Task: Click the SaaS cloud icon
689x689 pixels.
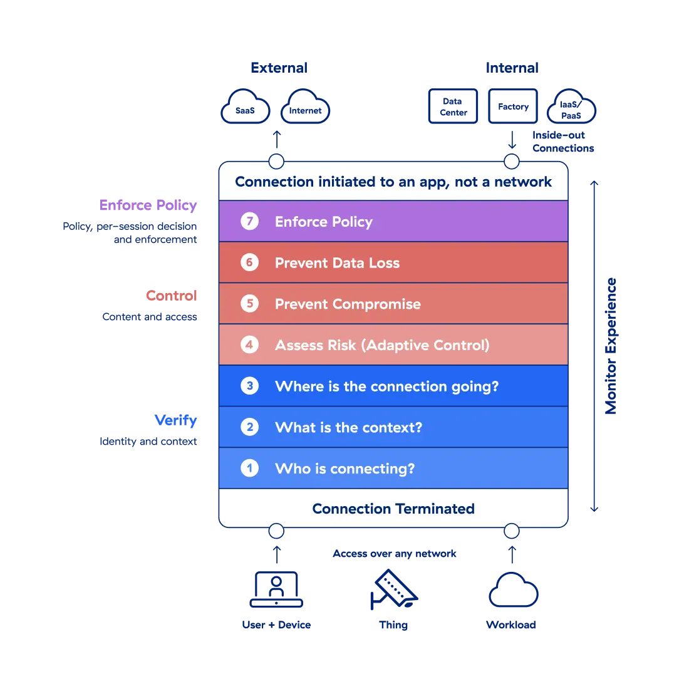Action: click(x=245, y=106)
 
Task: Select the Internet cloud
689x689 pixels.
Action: click(x=306, y=106)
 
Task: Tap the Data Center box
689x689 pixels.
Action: click(x=453, y=106)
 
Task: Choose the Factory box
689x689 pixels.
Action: click(x=513, y=106)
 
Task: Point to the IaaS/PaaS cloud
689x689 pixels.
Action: click(x=571, y=106)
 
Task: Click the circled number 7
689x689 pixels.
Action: click(x=249, y=221)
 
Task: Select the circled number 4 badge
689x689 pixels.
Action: click(x=249, y=344)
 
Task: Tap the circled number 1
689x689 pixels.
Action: click(x=249, y=468)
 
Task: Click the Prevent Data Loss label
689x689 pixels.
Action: click(x=337, y=263)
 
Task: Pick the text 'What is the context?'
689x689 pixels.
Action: click(x=348, y=427)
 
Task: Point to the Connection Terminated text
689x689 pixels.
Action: click(x=393, y=509)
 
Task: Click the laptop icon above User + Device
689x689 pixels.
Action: click(x=276, y=589)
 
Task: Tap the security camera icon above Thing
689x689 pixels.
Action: click(x=394, y=589)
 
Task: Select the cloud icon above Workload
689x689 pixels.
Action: click(x=513, y=589)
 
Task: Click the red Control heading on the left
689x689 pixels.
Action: click(x=172, y=296)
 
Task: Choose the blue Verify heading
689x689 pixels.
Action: click(x=176, y=420)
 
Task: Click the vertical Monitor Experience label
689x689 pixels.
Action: click(x=611, y=346)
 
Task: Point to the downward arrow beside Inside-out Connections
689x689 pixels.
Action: click(x=512, y=140)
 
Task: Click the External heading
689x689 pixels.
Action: click(x=279, y=68)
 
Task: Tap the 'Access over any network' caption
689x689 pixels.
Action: click(x=394, y=554)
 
